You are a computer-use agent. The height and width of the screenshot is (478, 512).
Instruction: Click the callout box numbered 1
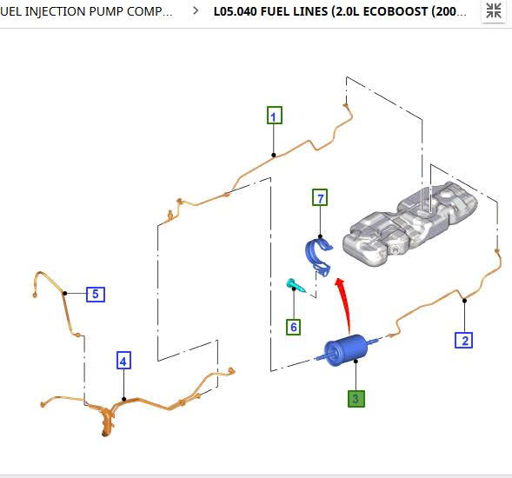(275, 116)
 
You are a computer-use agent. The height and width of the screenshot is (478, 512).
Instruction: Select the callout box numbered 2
(463, 340)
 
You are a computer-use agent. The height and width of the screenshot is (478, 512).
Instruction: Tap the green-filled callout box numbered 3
(356, 398)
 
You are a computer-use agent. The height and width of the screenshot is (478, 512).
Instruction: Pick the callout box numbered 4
(123, 361)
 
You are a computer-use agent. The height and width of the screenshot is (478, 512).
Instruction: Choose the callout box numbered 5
(96, 294)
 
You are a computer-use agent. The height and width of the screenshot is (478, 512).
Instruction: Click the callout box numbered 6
(294, 327)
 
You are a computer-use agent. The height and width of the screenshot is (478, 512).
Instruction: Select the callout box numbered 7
(320, 197)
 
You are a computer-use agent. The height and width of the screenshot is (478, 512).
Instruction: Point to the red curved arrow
(345, 303)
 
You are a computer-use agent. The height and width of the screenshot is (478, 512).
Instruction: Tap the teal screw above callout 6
(296, 286)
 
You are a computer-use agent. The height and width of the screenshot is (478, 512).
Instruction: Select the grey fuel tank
(410, 223)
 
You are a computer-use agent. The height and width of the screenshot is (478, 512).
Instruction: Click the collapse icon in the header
(494, 10)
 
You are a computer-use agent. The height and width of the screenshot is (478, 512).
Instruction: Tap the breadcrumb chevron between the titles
(196, 10)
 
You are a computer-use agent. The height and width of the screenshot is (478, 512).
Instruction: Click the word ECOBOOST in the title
(395, 11)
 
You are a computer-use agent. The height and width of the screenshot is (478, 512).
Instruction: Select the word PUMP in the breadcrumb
(106, 11)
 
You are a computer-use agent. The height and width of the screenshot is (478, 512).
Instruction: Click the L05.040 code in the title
(235, 11)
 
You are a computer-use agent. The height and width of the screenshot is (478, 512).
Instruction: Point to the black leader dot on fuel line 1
(274, 155)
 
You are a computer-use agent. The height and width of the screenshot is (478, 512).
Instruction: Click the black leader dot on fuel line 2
(464, 301)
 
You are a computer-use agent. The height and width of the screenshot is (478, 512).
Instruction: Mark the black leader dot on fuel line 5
(64, 293)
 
